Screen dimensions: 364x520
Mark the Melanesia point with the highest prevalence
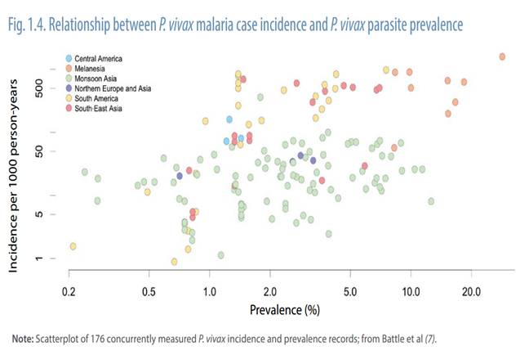501,56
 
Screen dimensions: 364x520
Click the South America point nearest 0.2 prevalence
73,246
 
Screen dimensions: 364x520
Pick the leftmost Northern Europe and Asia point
180,176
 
